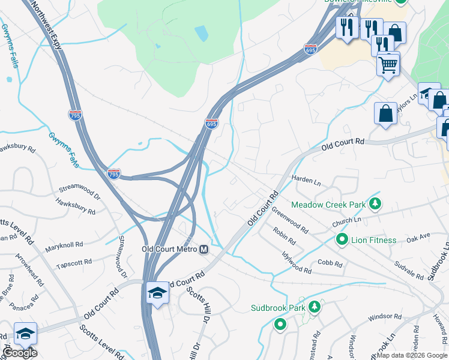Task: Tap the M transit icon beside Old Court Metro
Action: pos(203,250)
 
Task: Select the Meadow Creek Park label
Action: pos(328,205)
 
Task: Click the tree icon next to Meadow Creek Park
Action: pos(375,205)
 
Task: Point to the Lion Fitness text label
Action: pos(375,240)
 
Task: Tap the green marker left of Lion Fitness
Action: pos(342,240)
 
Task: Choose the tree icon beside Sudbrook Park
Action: pos(313,308)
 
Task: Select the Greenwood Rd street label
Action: pos(289,220)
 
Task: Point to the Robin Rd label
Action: pos(285,236)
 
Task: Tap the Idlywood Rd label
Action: pos(297,263)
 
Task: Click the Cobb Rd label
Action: pos(330,263)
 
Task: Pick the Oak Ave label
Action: pos(418,238)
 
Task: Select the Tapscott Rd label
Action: pos(73,262)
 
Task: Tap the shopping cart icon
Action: pos(388,64)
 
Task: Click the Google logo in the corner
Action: pos(20,352)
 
